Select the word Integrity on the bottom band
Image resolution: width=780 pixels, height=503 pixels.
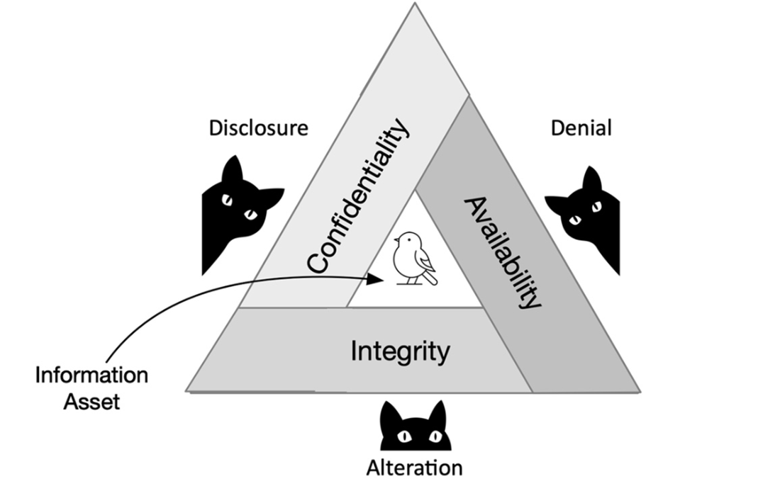pyautogui.click(x=400, y=351)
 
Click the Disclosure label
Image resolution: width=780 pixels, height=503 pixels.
pyautogui.click(x=259, y=128)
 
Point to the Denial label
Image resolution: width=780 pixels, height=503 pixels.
pyautogui.click(x=581, y=128)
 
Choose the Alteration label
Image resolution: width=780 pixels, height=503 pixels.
pyautogui.click(x=414, y=468)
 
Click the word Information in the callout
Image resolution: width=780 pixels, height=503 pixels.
pyautogui.click(x=91, y=375)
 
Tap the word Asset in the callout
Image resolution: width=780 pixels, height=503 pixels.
pyautogui.click(x=91, y=402)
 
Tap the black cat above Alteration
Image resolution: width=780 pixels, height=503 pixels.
pyautogui.click(x=416, y=429)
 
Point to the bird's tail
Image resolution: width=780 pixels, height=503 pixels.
pyautogui.click(x=432, y=279)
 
